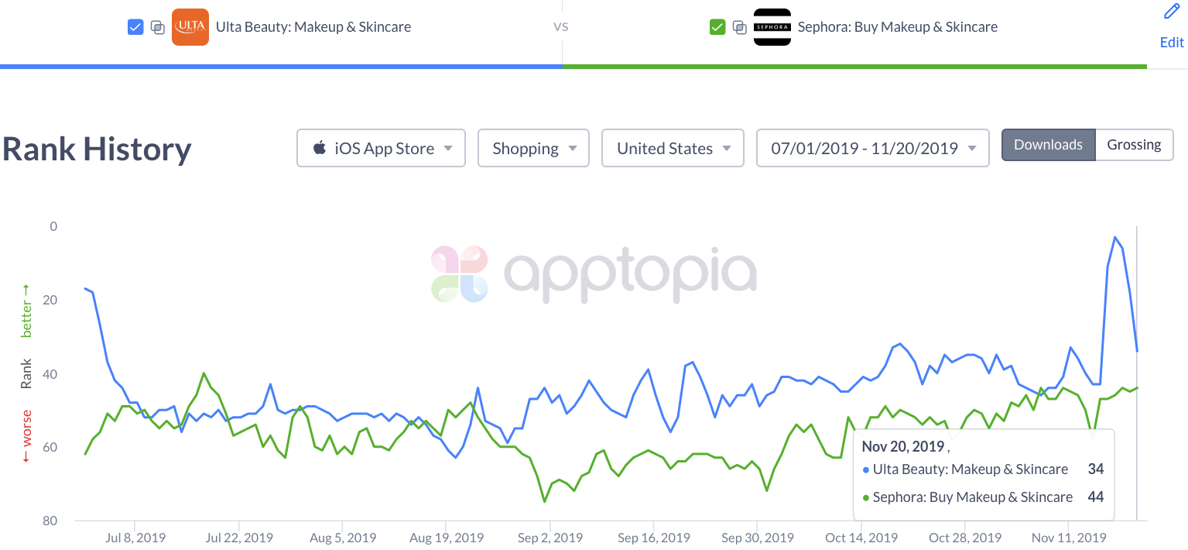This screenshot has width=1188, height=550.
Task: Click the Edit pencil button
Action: (x=1172, y=26)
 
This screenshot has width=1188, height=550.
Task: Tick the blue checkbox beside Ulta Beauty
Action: (x=135, y=27)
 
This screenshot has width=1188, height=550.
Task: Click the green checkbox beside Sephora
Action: (x=717, y=27)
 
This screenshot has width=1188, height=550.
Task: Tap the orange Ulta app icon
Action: (x=190, y=27)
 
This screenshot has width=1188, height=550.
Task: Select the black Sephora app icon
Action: (x=772, y=27)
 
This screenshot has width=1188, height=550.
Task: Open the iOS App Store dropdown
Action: (x=381, y=148)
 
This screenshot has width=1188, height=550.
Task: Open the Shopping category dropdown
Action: (x=533, y=148)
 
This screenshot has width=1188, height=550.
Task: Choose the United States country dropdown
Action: (x=672, y=148)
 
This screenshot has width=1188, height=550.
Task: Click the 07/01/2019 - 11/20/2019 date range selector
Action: (x=872, y=148)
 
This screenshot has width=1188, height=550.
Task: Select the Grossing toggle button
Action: (x=1134, y=145)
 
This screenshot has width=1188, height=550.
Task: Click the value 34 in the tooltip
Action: (x=1095, y=469)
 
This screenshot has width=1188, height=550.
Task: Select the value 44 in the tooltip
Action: (x=1095, y=497)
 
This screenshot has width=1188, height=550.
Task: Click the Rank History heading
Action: (x=97, y=149)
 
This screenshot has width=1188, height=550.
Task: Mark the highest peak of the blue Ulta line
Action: (x=1114, y=237)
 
